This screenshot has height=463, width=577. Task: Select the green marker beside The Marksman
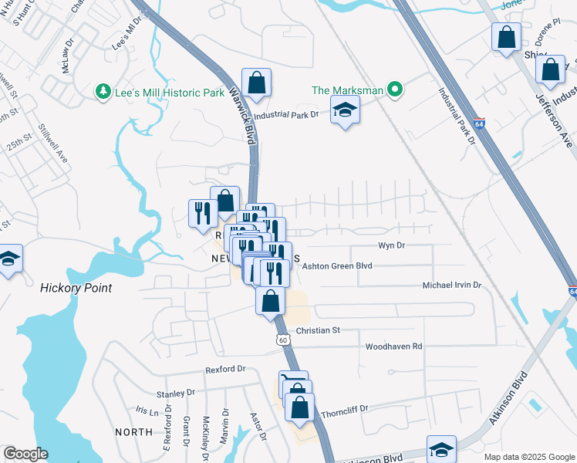[396, 90]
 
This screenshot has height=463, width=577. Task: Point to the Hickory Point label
[76, 288]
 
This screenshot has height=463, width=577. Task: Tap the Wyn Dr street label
[391, 245]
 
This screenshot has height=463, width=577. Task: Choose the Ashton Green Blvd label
[337, 265]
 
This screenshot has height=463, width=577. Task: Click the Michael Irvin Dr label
[451, 285]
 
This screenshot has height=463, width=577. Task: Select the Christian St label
[319, 330]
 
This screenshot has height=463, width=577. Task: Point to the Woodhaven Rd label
[393, 346]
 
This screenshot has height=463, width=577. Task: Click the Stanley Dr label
[173, 393]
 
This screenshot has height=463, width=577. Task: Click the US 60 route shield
[283, 340]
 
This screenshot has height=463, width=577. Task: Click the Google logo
[25, 454]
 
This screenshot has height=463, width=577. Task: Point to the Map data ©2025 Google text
[528, 457]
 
